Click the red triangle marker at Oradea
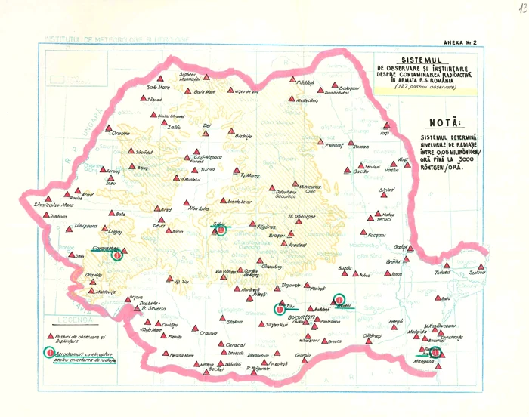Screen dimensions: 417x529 pos(108,128)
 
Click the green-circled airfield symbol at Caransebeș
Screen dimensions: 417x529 pos(116,255)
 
